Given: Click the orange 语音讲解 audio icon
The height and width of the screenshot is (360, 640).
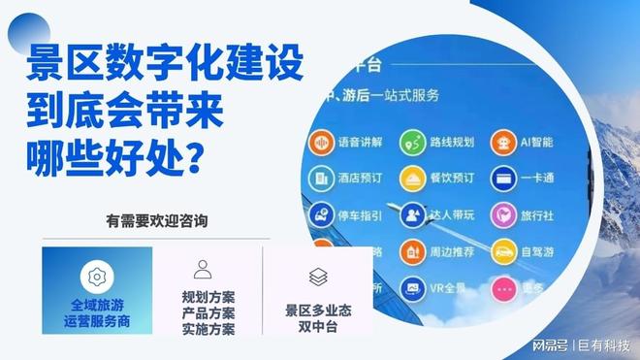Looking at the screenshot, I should pos(319,142).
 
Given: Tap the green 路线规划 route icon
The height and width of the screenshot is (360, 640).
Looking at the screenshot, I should pos(415,143).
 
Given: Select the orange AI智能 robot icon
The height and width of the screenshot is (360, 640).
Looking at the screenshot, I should pos(502,143).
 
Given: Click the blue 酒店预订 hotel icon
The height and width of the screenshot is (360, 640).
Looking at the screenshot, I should pos(319,179).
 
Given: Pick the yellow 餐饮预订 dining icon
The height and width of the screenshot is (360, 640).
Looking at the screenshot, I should pos(414,179).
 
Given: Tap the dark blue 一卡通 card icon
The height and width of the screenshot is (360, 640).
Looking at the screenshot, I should pos(502,179).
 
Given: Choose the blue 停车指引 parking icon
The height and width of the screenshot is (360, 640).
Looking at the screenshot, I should pos(319,213).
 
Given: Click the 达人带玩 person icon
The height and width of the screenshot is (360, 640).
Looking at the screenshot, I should pos(414,214).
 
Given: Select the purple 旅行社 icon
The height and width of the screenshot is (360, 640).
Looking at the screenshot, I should pos(502,214).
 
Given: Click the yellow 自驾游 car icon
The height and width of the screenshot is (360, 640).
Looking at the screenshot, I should pos(502,252).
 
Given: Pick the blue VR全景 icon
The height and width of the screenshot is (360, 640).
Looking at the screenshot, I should pos(414,287).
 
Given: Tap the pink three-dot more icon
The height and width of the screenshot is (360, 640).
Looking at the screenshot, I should pos(502,288).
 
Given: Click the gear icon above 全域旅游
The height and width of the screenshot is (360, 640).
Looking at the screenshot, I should pos(96,276).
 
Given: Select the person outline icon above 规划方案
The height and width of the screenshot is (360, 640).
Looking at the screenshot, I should pos(203,269).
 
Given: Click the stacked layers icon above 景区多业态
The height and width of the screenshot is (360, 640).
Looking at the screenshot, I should pos(318,277).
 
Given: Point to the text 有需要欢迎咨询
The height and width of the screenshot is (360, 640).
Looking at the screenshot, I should pos(156,221).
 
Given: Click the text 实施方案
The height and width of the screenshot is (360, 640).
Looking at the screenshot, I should pos(208,328).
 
